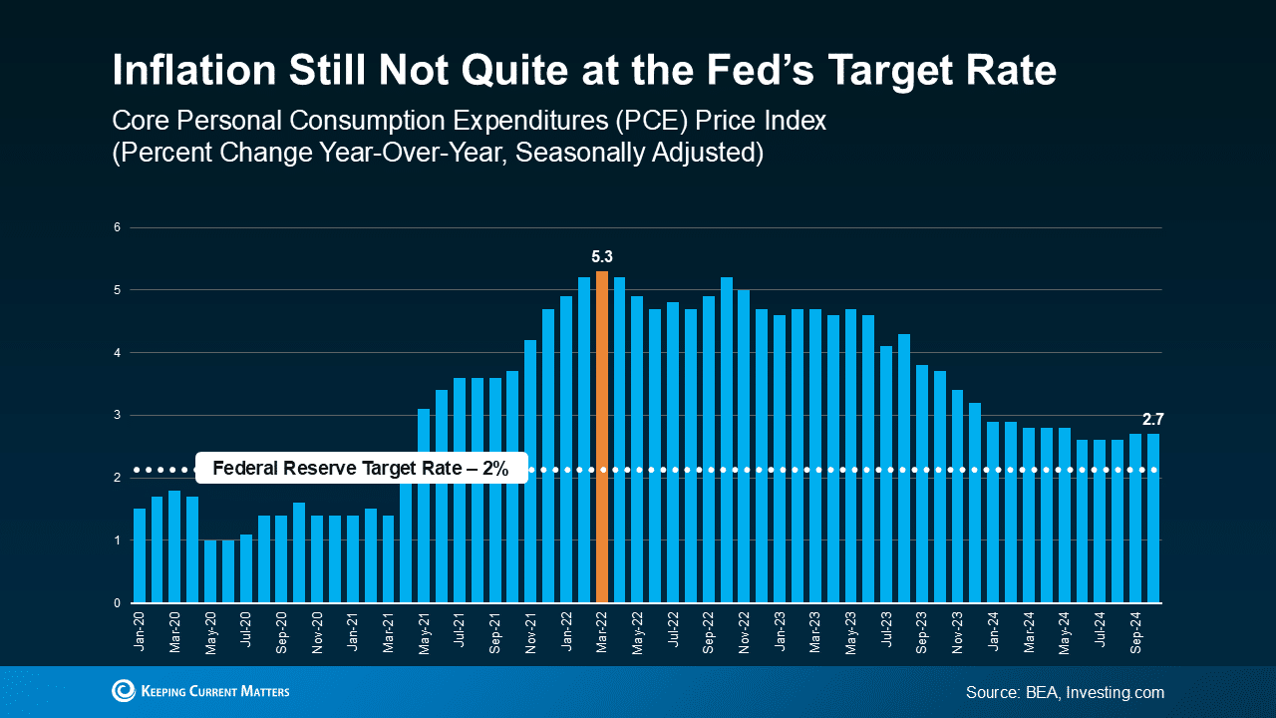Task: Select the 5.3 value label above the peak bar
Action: coord(602,257)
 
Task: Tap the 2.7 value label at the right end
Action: coord(1153,420)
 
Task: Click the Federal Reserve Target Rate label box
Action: coord(360,469)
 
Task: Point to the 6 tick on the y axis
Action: coord(117,227)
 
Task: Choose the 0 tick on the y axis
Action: coord(117,603)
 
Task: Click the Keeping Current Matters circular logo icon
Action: coord(124,691)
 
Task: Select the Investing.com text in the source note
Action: coord(1114,692)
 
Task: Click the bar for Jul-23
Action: coord(886,475)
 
